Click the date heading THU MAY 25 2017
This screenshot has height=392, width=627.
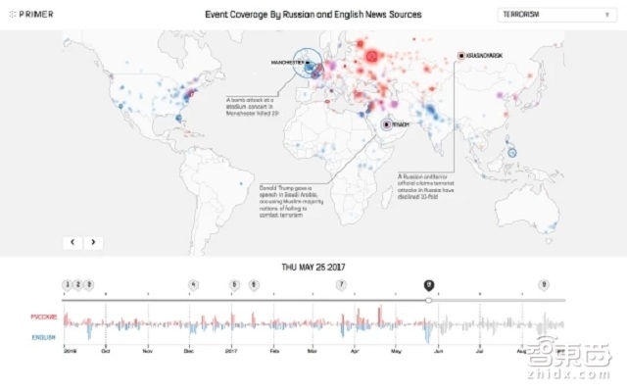[313, 267]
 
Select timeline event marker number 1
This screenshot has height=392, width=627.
[67, 285]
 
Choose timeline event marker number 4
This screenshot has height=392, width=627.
[194, 285]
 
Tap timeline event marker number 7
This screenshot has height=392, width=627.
[341, 285]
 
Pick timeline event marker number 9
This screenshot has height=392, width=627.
[544, 285]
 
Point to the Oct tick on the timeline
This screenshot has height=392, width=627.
[105, 348]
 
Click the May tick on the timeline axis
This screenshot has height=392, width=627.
[397, 348]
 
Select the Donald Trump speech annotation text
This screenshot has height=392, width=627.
[284, 191]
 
